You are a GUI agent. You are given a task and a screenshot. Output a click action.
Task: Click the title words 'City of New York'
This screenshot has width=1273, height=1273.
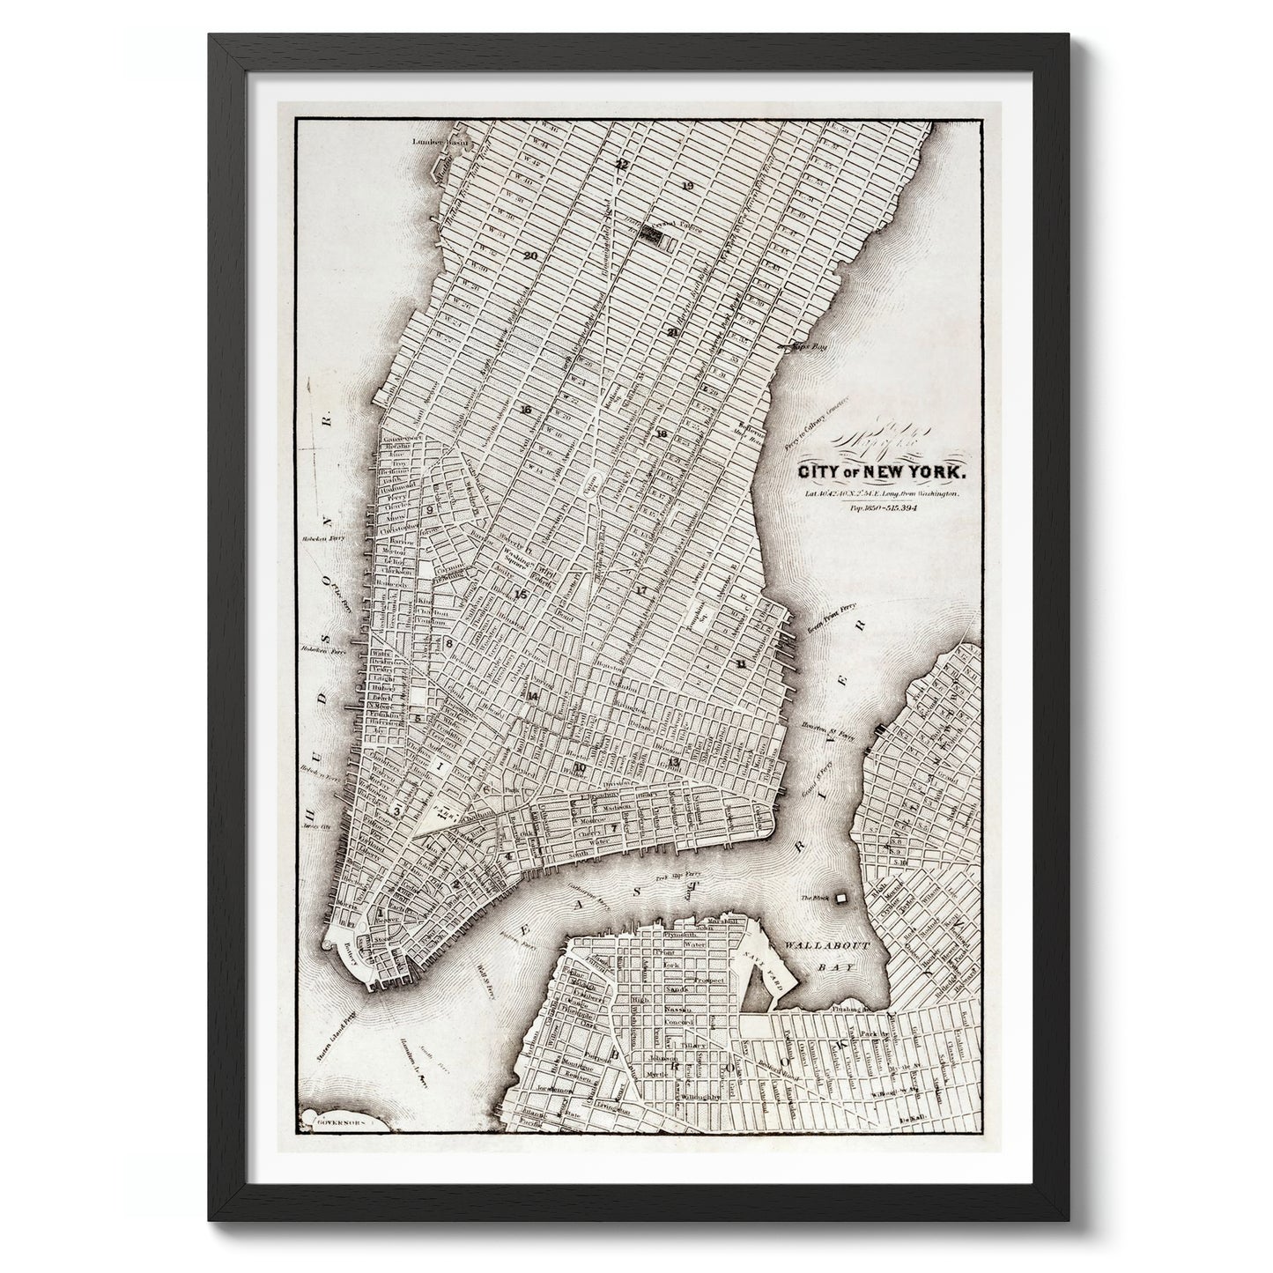[881, 473]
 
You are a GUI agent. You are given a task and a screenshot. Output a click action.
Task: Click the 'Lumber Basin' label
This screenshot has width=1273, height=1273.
[446, 142]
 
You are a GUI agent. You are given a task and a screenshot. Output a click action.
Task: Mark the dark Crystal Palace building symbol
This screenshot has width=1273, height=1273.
[651, 233]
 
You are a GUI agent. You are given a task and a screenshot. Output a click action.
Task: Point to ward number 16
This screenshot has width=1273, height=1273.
[526, 411]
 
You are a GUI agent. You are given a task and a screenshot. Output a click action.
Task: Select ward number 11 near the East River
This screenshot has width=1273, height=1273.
[742, 663]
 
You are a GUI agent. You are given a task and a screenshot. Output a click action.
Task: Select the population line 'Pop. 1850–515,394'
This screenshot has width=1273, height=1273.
[883, 509]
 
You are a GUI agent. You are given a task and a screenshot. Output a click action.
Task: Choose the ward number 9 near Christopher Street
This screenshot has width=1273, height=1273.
[431, 509]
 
